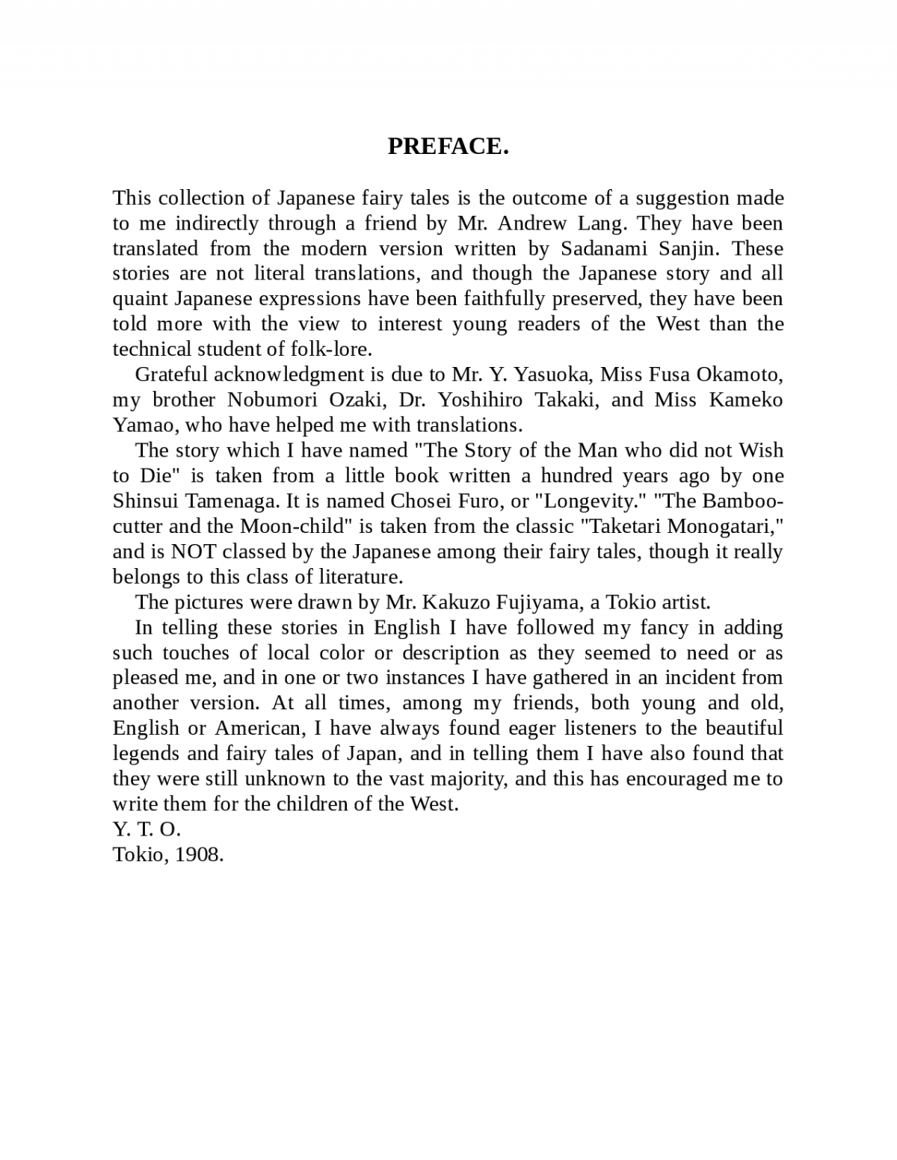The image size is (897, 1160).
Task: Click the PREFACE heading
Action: (x=448, y=146)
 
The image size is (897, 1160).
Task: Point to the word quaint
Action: (x=141, y=299)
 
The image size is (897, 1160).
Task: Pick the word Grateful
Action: (x=170, y=374)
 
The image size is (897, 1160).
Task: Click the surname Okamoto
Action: (x=739, y=374)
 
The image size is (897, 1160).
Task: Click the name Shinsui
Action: (x=146, y=501)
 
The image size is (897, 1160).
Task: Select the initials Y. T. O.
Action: (x=147, y=830)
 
